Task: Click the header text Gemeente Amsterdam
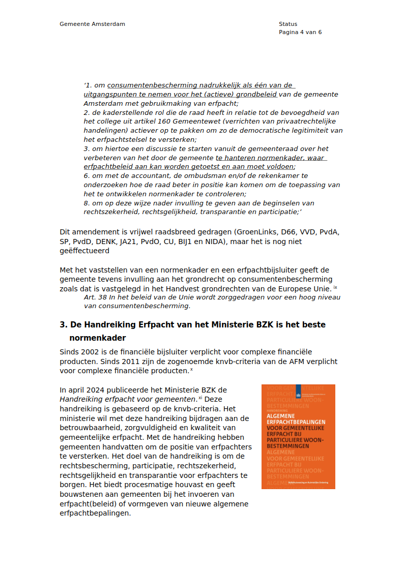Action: click(92, 24)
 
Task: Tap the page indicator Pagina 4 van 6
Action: click(300, 32)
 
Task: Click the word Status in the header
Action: click(288, 24)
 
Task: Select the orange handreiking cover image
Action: click(298, 437)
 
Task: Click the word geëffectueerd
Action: click(84, 250)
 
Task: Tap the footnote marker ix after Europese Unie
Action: click(335, 287)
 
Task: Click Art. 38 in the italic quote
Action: click(95, 297)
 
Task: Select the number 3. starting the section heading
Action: click(64, 324)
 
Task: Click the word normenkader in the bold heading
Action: click(97, 338)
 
